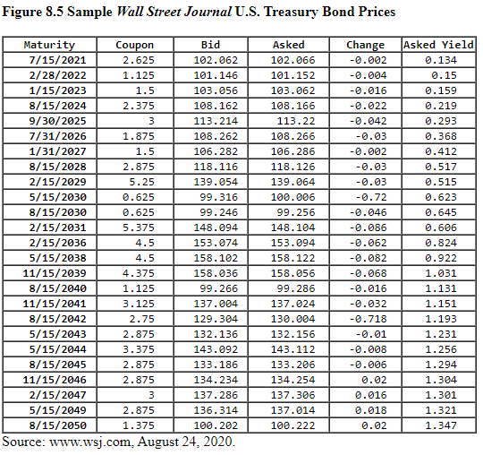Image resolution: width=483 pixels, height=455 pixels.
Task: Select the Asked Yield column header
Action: (x=438, y=45)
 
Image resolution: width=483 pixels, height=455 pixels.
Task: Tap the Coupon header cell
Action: (x=135, y=45)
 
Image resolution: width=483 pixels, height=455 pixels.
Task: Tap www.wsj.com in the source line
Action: (x=86, y=442)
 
